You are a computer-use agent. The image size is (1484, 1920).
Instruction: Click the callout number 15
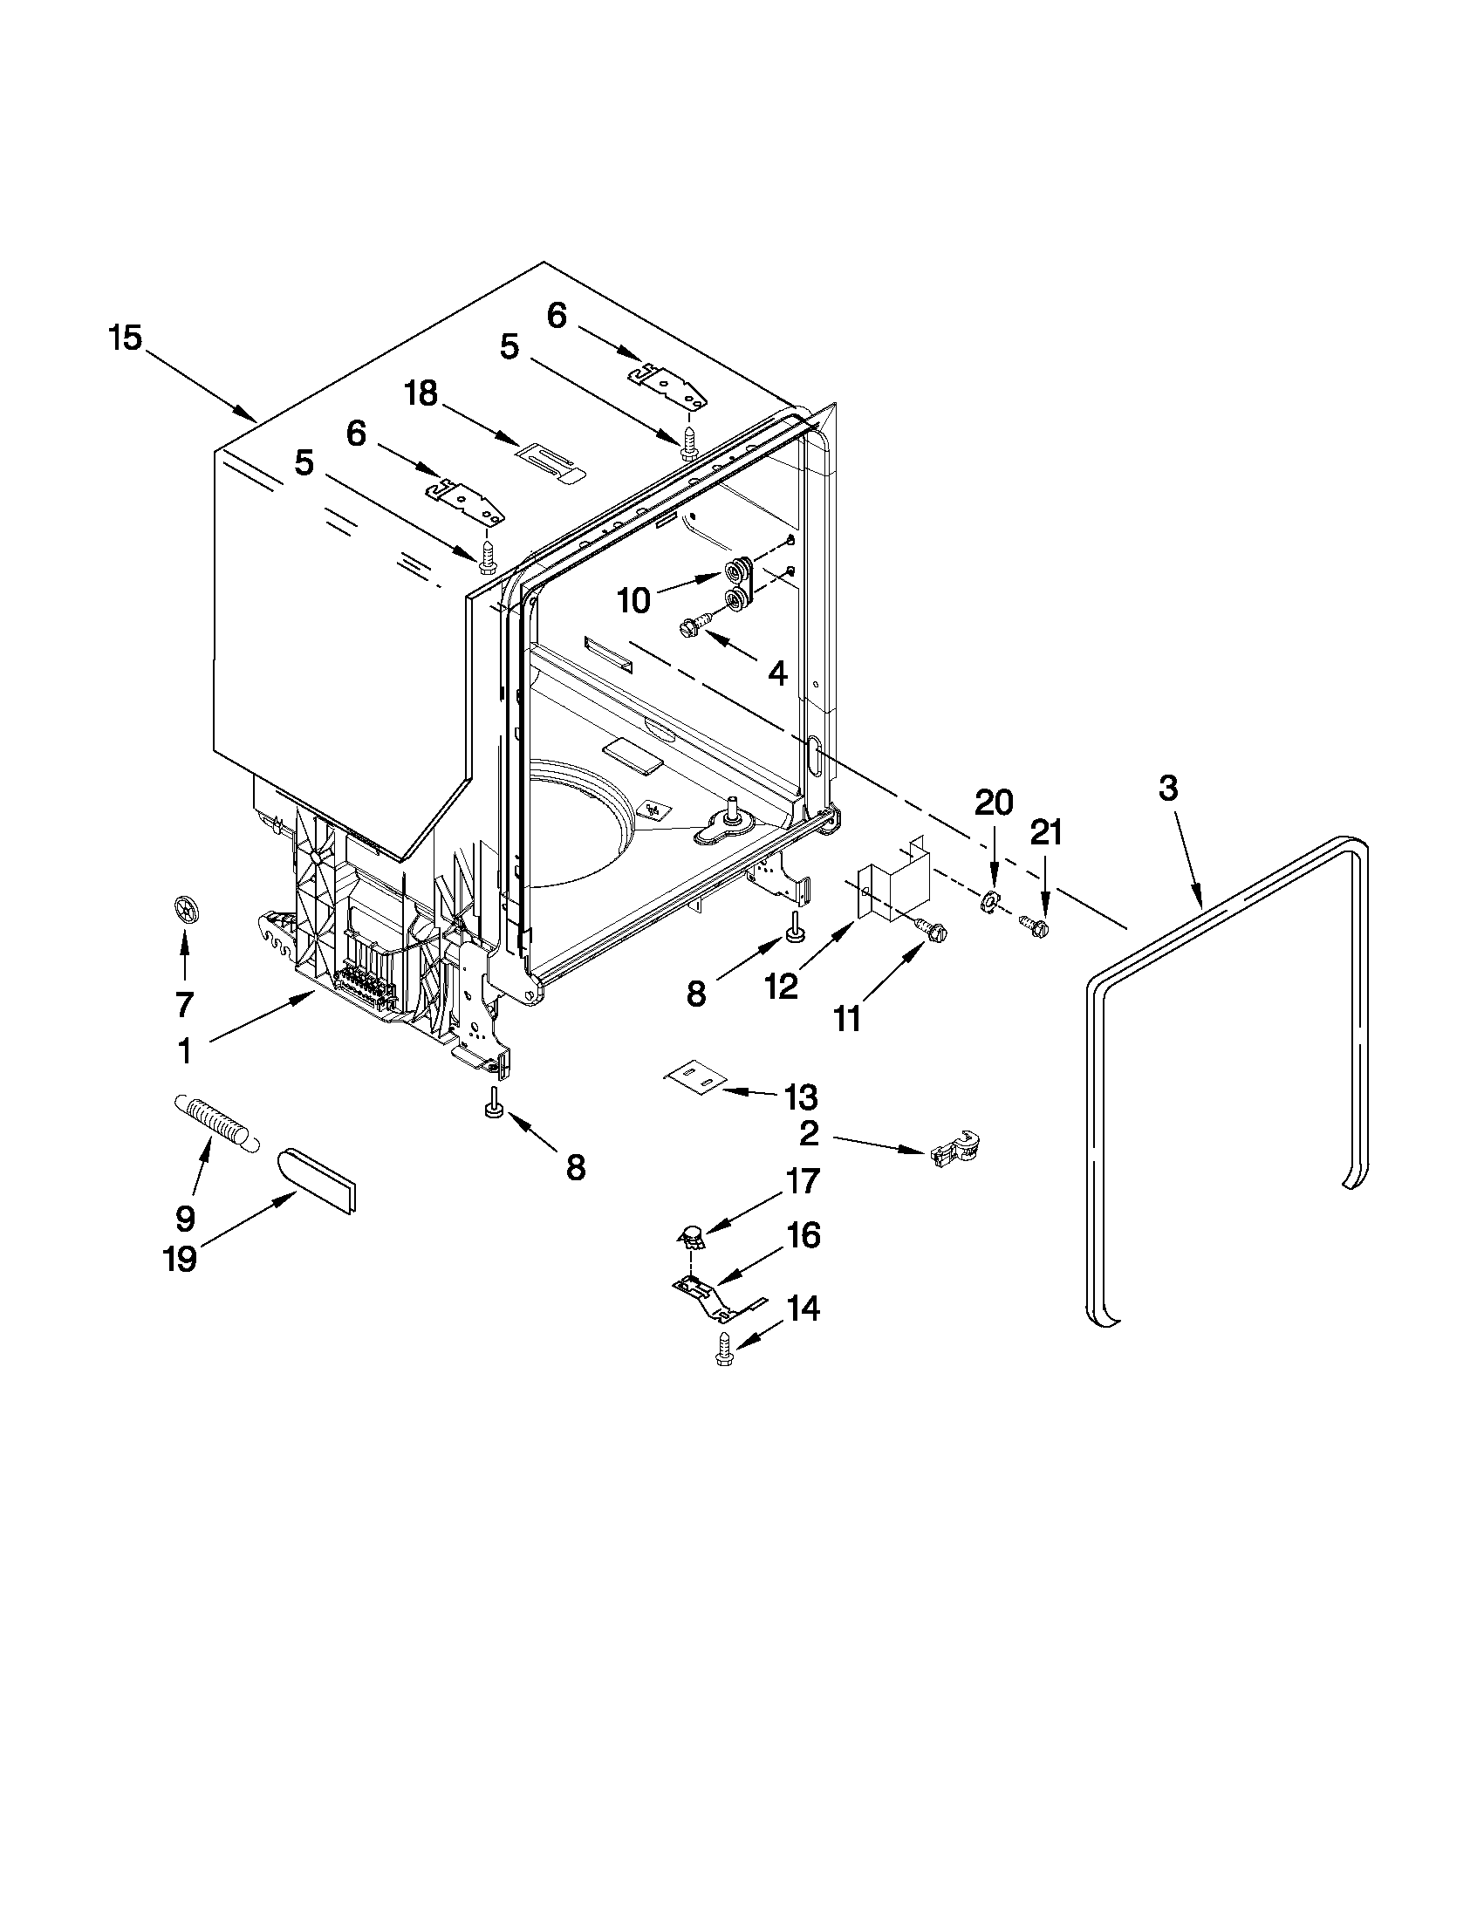tap(126, 338)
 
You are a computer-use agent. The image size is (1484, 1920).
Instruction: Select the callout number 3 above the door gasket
tap(1167, 789)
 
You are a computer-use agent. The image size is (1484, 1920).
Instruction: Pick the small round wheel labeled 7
tap(183, 907)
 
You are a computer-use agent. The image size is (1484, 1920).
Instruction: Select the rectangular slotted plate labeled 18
tap(549, 461)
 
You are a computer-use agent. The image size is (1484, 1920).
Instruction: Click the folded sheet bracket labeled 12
tap(892, 882)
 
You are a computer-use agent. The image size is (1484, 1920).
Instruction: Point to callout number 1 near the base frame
tap(185, 1051)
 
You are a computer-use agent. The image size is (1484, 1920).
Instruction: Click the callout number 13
tap(801, 1097)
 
